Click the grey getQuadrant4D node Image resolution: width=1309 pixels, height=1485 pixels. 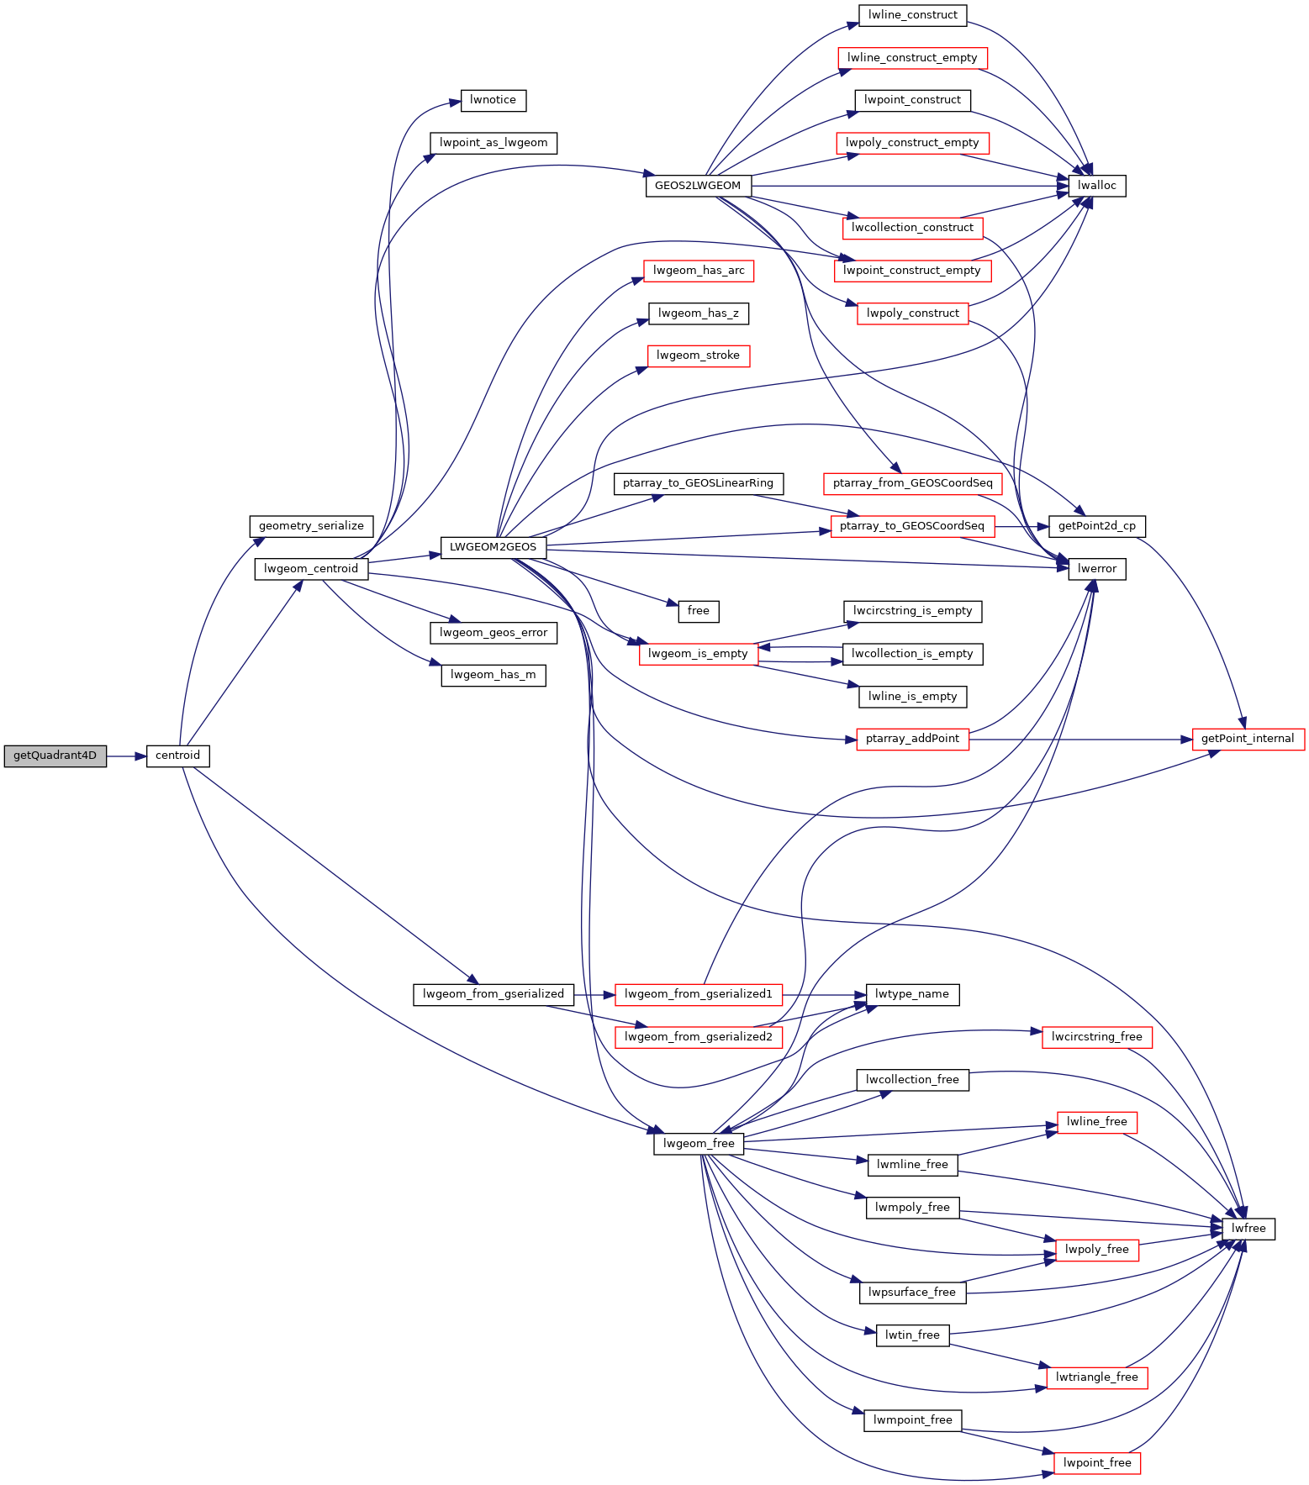click(x=55, y=756)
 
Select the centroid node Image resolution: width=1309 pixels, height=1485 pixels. click(x=177, y=756)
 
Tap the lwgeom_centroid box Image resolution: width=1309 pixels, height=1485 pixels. click(x=311, y=569)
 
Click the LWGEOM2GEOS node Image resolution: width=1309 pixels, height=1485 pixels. click(x=493, y=547)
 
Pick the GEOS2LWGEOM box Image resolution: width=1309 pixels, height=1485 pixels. click(x=698, y=186)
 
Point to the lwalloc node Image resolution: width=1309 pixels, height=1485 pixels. click(x=1097, y=186)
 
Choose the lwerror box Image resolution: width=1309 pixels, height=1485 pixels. click(x=1097, y=569)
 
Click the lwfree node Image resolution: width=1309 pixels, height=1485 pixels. click(x=1248, y=1229)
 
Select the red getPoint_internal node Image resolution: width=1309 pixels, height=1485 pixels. click(x=1248, y=740)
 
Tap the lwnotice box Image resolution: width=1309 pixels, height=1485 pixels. click(x=494, y=100)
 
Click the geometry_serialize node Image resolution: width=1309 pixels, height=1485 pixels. click(x=311, y=526)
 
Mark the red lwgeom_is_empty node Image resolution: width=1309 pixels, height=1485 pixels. click(x=698, y=654)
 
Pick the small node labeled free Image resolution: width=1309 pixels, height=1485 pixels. click(x=699, y=611)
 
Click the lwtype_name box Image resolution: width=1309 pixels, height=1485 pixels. click(x=912, y=994)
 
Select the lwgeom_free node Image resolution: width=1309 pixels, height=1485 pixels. click(x=699, y=1144)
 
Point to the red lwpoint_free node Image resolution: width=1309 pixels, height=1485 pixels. click(x=1097, y=1463)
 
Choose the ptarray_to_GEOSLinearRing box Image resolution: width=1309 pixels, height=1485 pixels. click(x=699, y=483)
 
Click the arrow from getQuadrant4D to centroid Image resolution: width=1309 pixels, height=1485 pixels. click(x=126, y=756)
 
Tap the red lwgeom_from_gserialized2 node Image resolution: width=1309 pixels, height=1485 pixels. click(x=698, y=1037)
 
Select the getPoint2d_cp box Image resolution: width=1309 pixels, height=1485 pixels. click(x=1097, y=526)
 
